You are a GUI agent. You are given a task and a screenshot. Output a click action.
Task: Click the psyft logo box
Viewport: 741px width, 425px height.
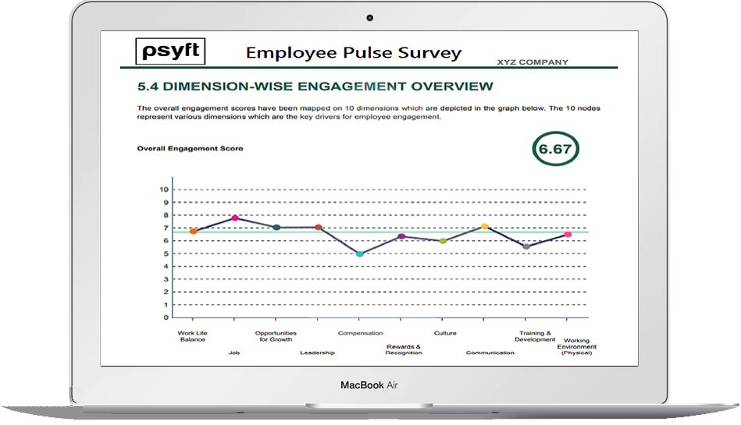click(x=171, y=51)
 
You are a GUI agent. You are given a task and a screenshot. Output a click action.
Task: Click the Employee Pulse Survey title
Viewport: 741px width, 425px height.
click(x=354, y=53)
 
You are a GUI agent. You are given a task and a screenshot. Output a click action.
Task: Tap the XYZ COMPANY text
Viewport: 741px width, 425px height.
click(x=533, y=62)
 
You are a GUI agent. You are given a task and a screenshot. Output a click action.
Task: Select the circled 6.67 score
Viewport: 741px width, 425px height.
click(x=555, y=150)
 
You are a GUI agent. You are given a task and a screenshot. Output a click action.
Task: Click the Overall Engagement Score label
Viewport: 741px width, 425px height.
click(x=190, y=148)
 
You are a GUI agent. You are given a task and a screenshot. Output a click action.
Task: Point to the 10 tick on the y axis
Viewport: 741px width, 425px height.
click(x=164, y=189)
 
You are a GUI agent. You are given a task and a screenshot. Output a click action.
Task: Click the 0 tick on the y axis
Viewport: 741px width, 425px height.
click(x=166, y=317)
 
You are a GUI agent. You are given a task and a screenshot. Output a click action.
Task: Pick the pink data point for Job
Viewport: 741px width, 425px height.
click(x=234, y=218)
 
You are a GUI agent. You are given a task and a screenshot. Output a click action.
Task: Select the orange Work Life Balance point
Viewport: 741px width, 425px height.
click(x=193, y=232)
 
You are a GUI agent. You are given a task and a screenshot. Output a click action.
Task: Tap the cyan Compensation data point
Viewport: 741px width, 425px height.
click(x=360, y=253)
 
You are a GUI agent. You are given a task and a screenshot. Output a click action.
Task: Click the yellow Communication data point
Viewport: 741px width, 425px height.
click(x=484, y=227)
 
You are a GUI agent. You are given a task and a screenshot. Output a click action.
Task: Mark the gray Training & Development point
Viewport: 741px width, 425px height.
click(x=526, y=246)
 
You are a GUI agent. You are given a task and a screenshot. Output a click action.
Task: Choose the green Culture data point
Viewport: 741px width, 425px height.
click(x=443, y=241)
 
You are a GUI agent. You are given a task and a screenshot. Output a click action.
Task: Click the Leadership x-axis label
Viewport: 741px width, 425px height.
click(x=317, y=352)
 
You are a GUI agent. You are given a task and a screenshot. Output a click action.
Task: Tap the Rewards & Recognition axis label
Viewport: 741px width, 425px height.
click(x=404, y=349)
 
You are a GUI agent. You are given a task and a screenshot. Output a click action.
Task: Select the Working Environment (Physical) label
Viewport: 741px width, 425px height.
click(x=576, y=347)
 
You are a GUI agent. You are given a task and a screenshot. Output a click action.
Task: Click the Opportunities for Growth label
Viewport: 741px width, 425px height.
click(x=276, y=336)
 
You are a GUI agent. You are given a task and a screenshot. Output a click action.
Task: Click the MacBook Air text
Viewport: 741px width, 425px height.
click(x=370, y=385)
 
